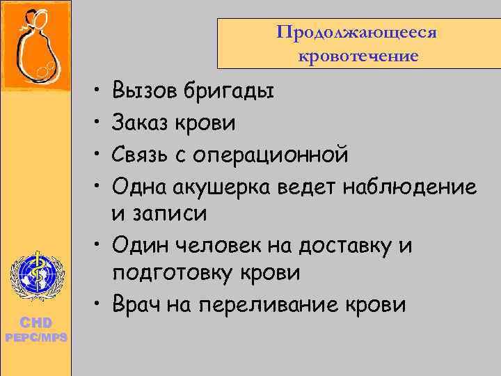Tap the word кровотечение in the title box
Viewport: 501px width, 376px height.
(358, 55)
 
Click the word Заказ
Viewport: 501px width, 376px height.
(143, 123)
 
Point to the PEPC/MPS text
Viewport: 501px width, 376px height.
(35, 337)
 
